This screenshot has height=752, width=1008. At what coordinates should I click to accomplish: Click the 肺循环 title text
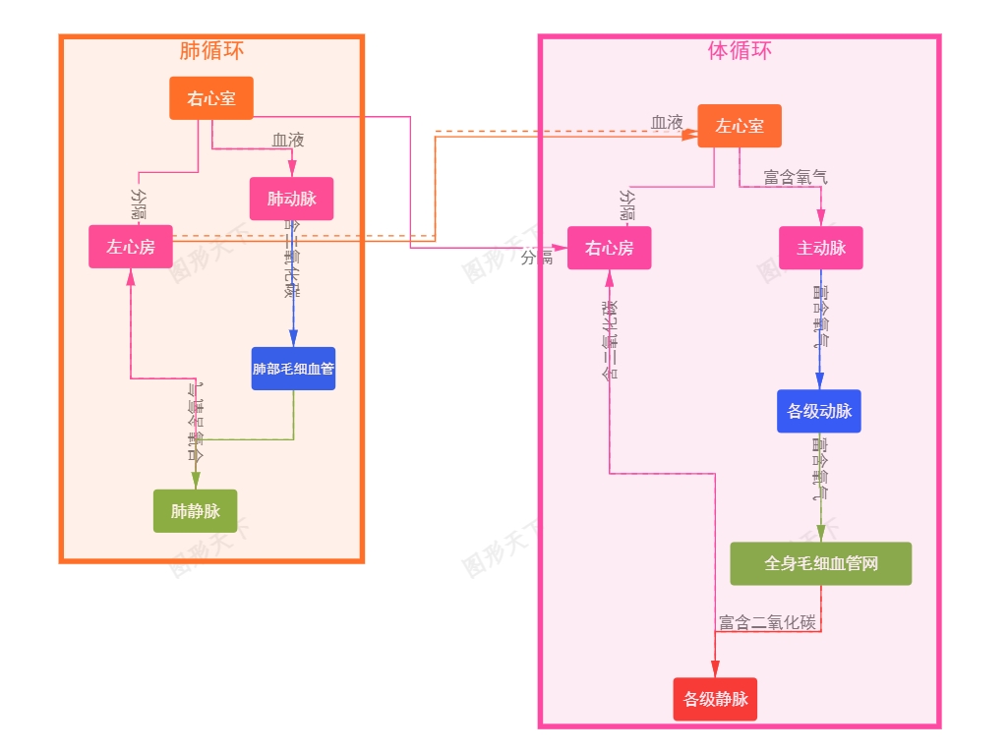[211, 51]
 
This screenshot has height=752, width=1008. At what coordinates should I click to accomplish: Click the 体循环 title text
[740, 51]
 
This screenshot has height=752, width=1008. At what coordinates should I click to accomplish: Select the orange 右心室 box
[211, 98]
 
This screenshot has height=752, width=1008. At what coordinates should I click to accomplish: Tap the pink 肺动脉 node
[292, 199]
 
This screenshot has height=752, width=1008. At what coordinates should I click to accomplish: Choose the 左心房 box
[131, 247]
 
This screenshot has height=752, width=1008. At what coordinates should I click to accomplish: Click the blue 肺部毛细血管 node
[293, 369]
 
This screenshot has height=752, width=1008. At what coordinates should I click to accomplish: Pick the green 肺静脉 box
[195, 511]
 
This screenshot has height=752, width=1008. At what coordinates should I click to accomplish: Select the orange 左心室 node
[740, 126]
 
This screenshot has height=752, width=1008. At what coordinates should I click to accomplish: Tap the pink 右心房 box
[609, 248]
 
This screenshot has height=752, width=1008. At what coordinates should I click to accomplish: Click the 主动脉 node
[821, 248]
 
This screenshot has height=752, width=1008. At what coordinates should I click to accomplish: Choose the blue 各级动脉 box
[819, 411]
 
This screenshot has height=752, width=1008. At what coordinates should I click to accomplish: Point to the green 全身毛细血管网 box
[820, 564]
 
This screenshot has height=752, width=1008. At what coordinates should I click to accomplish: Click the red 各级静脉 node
[715, 699]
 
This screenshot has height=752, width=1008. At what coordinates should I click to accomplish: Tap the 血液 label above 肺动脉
[288, 141]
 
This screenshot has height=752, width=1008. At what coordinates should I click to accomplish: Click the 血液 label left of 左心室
[667, 123]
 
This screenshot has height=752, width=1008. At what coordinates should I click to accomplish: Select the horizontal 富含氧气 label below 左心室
[796, 178]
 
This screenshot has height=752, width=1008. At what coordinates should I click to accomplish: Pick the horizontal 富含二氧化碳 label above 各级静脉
[767, 623]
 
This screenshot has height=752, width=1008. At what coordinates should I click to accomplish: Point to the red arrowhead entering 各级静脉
[715, 670]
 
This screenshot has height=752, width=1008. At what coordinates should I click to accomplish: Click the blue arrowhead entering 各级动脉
[820, 382]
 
